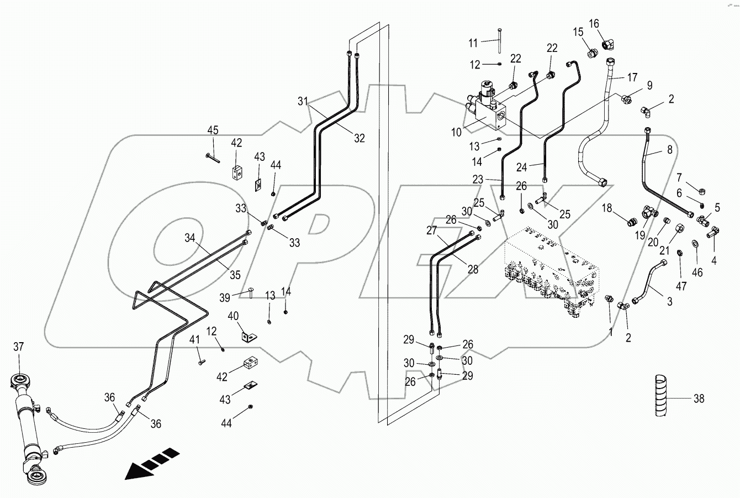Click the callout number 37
click(x=19, y=347)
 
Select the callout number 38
click(x=699, y=399)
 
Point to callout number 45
click(x=213, y=130)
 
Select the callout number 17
click(x=632, y=77)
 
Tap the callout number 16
click(x=594, y=23)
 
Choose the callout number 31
click(x=302, y=101)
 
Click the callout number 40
click(x=233, y=316)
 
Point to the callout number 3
click(x=669, y=301)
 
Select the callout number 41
click(x=194, y=339)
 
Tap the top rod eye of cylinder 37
click(x=20, y=381)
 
